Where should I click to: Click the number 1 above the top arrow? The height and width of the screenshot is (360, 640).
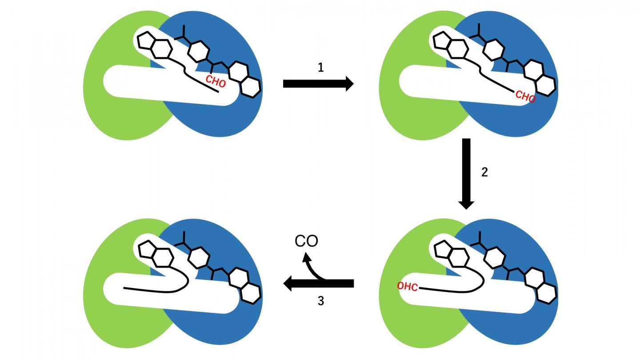(320, 68)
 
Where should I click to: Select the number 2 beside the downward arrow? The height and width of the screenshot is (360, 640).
(484, 172)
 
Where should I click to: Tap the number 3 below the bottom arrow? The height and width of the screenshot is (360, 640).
(320, 301)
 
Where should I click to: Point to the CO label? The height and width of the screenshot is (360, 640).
(307, 241)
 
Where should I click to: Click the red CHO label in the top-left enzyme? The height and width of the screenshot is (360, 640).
(216, 82)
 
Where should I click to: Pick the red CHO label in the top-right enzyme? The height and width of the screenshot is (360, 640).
(525, 96)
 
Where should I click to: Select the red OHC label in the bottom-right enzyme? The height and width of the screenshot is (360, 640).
(408, 287)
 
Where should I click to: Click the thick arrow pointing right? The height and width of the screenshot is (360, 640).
(318, 84)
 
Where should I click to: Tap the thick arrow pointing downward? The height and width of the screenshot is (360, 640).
(466, 173)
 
